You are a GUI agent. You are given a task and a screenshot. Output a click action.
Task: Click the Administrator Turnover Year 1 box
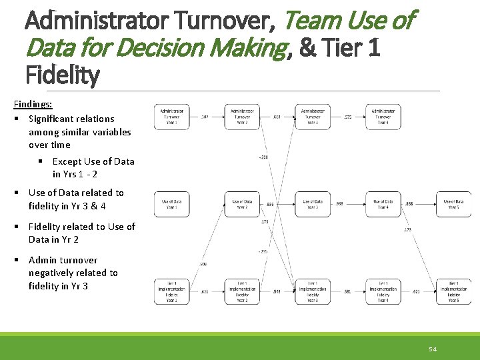171,117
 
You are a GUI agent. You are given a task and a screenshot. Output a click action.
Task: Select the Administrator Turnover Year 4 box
383,117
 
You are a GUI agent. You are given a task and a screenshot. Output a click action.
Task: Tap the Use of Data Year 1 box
171,204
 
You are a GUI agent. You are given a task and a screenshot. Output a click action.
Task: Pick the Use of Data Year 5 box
453,204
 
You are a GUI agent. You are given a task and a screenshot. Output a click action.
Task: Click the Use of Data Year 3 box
313,204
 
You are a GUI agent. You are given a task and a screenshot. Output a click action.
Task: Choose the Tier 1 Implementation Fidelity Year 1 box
171,291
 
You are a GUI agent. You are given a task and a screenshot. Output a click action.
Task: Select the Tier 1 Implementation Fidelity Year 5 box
453,291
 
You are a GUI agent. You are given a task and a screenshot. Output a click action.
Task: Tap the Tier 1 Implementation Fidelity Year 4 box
383,291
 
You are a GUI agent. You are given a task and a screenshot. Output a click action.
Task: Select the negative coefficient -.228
264,157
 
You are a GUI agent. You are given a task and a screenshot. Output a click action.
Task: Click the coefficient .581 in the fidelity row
347,291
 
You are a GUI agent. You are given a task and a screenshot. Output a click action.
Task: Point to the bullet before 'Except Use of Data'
40,161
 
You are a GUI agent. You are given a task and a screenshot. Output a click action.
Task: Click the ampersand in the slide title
308,49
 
